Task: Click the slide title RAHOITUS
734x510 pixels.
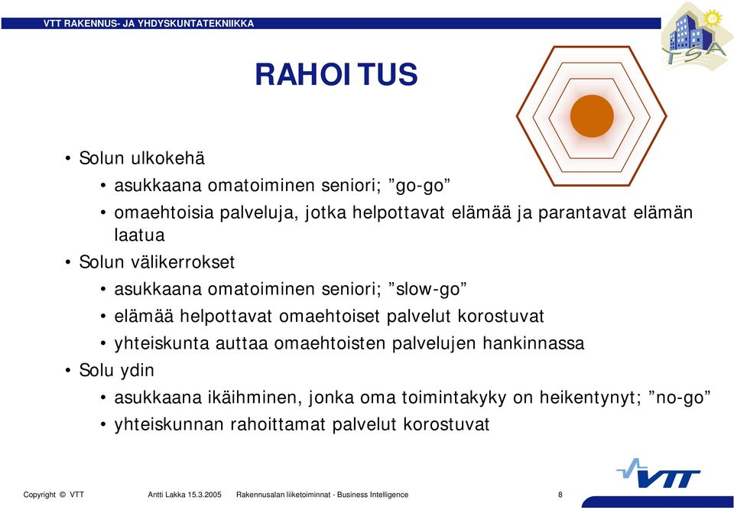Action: tap(336, 75)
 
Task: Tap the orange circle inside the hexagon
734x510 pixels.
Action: tap(592, 116)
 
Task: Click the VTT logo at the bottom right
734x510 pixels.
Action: tap(660, 474)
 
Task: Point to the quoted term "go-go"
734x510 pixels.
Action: tap(420, 186)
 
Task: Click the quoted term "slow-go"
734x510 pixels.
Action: tap(428, 289)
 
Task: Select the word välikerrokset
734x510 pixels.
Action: tap(183, 261)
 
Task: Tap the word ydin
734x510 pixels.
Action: tap(137, 371)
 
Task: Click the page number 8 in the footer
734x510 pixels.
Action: tap(560, 495)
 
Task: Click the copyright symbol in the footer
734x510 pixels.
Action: tap(63, 495)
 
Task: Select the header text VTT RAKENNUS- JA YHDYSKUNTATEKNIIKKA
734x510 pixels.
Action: tap(149, 24)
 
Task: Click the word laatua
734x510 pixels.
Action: tap(139, 235)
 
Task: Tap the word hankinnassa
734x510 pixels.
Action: tap(534, 343)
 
